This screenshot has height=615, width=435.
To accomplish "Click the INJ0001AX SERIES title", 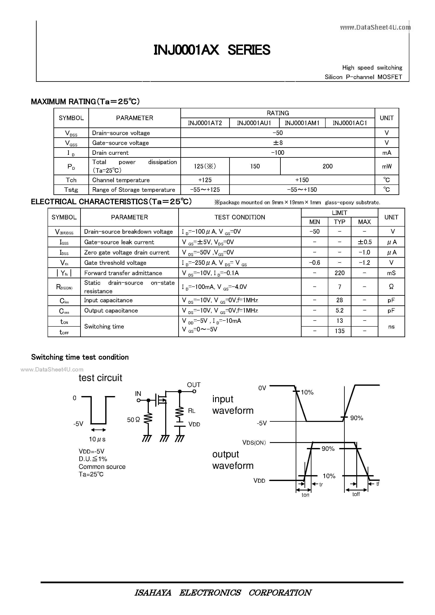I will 212,50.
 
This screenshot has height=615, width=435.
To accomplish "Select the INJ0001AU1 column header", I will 254,123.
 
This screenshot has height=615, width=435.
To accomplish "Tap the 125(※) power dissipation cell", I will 205,166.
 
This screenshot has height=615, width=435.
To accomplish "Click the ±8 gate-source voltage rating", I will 278,143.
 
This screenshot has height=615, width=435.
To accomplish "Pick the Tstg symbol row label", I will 71,190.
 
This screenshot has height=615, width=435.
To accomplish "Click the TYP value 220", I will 339,273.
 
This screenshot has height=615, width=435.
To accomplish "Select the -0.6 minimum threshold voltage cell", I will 314,263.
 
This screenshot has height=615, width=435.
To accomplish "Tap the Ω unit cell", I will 391,287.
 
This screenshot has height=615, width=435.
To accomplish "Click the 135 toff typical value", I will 339,331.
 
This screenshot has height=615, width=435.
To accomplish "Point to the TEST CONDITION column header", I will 240,217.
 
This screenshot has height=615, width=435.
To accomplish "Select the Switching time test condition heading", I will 80,357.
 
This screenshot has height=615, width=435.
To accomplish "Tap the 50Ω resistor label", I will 133,420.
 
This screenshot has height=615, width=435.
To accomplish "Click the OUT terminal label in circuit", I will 194,385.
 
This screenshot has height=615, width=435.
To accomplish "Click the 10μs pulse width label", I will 97,439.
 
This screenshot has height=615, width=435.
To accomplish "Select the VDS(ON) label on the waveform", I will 254,443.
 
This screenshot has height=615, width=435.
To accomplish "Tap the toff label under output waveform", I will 356,494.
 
